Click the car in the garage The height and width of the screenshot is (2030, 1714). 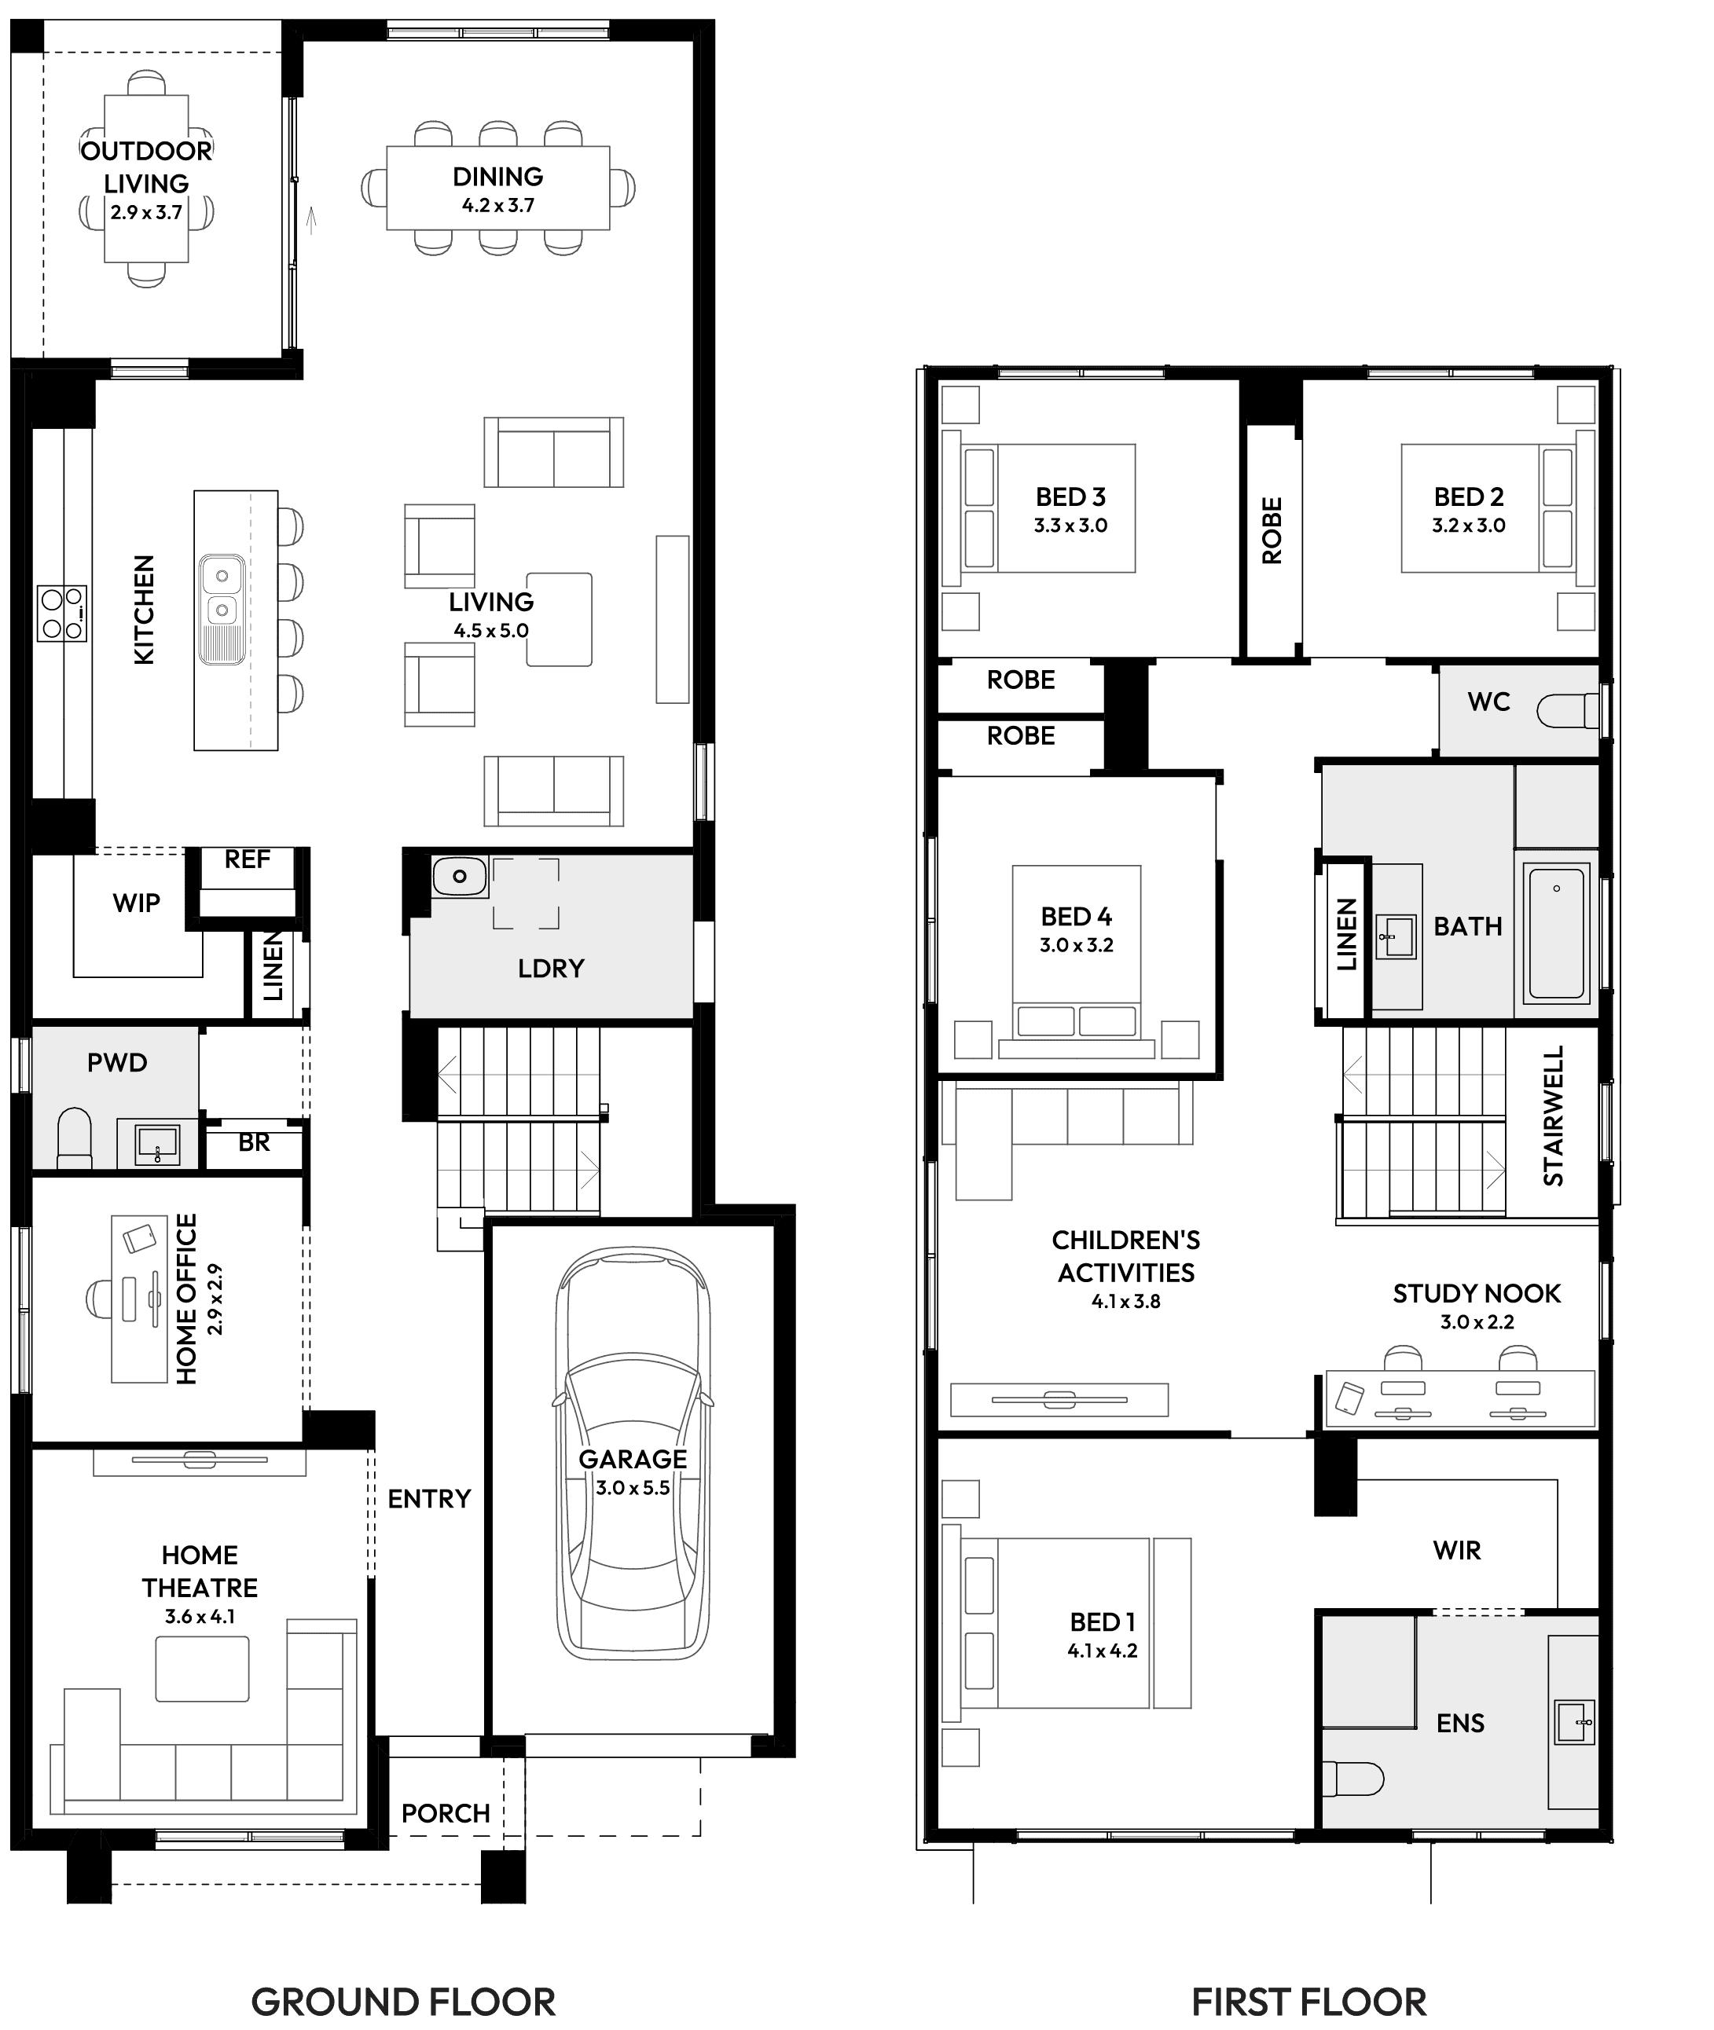633,1457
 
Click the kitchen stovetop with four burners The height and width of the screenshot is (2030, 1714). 62,614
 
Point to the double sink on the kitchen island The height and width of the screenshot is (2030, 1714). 222,592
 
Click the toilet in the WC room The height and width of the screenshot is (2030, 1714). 1566,710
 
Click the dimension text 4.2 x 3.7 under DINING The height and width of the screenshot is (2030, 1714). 497,206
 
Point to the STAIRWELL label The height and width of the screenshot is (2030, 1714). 1554,1115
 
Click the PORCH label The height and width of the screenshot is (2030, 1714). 445,1813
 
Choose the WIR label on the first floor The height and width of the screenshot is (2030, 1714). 1456,1550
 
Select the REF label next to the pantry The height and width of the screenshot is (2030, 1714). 247,859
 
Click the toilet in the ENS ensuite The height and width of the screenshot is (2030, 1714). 1353,1779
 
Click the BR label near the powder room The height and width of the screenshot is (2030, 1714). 254,1143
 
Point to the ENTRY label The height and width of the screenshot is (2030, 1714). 428,1499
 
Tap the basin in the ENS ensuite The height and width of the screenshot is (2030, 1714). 1574,1722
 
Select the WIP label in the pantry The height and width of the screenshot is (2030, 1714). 136,903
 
